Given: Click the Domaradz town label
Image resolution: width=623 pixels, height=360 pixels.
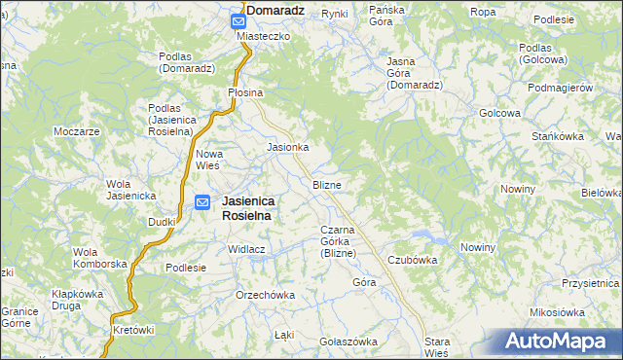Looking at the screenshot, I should pos(277,10).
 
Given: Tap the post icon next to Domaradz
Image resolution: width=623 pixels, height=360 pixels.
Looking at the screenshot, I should pos(238,18).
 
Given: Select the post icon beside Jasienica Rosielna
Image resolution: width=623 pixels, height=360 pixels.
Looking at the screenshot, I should pos(202,202).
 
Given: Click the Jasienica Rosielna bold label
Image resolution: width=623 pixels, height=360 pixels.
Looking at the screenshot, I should pos(248,208).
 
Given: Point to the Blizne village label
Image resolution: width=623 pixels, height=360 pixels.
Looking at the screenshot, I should pos(326,184).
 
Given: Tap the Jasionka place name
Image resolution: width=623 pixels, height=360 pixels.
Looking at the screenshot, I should pos(288,148).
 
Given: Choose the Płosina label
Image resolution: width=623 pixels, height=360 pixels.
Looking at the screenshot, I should pos(245,92).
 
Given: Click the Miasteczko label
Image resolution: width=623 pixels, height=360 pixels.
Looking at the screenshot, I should pos(264,35).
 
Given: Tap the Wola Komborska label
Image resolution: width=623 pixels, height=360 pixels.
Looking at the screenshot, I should pos(100,258).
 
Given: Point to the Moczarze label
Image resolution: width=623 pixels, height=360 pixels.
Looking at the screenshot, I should pos(78,131).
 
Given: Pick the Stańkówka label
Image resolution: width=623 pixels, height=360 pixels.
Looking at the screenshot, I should pos(559,136).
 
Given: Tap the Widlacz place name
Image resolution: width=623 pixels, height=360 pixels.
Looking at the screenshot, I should pos(247,249).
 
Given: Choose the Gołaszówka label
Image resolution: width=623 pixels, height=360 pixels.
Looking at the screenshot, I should pos(348,342).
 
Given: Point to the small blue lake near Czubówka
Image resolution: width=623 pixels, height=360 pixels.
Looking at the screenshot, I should pos(437,239).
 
